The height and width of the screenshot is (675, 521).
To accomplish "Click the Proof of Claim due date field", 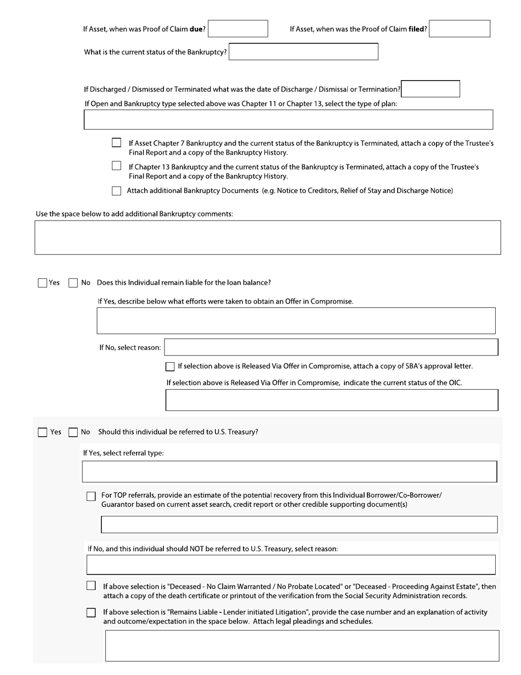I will (238, 29).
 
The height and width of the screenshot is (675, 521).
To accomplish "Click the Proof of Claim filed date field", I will (460, 29).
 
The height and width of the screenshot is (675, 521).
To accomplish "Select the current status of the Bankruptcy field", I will (303, 52).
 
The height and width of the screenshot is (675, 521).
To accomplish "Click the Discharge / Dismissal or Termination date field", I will (431, 89).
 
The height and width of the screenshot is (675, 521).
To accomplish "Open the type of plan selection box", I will (288, 120).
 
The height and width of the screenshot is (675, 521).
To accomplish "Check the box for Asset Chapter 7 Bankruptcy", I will (116, 143).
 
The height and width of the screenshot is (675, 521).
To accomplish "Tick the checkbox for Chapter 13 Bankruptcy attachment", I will (116, 166).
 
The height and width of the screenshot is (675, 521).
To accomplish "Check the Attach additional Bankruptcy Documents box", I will (116, 191).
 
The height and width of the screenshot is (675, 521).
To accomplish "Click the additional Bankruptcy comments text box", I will (268, 238).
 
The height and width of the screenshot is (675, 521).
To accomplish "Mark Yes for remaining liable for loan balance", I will (42, 283).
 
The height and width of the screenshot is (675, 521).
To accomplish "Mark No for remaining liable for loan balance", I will (73, 283).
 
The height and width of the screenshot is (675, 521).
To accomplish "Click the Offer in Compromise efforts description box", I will (296, 320).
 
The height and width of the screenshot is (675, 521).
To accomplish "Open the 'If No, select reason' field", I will (331, 347).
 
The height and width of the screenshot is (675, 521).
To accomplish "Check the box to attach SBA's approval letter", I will (170, 367).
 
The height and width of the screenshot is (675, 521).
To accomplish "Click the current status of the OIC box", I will (332, 400).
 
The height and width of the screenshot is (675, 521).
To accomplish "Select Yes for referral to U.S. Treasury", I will (42, 432).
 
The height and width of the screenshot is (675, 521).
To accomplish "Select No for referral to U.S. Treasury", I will (73, 432).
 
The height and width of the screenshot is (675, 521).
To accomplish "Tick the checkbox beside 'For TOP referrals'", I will (91, 496).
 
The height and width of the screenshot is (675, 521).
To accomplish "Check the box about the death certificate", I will (91, 586).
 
